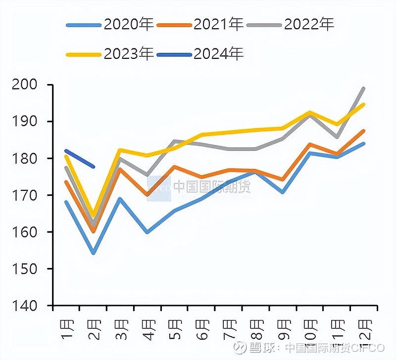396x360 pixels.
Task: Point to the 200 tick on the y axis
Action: click(28, 85)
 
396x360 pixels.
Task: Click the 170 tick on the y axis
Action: click(28, 195)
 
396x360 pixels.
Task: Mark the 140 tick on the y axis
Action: click(28, 306)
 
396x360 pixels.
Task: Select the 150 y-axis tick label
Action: click(28, 269)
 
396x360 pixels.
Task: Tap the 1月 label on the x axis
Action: click(66, 327)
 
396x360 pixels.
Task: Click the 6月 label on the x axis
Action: click(202, 327)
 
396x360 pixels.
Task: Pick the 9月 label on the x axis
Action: click(283, 327)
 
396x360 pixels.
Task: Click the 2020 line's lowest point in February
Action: click(93, 253)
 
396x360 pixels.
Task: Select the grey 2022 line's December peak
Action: click(364, 89)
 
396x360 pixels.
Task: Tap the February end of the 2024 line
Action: click(94, 167)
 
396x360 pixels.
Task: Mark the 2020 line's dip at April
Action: click(148, 232)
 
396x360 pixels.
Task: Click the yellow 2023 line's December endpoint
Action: click(364, 104)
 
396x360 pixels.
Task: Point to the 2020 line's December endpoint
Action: click(364, 143)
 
